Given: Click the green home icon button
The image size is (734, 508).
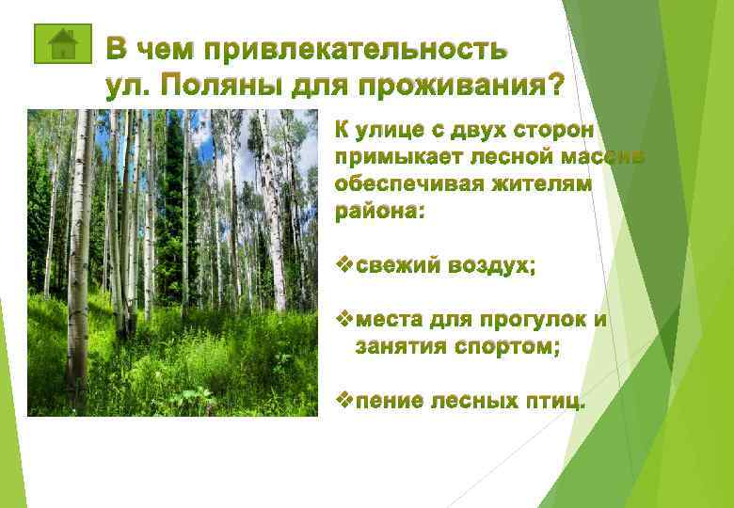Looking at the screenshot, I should click(61, 42).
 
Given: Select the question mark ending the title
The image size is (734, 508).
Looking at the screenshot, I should click(555, 87).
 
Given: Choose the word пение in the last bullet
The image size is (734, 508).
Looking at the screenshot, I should click(389, 402).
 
